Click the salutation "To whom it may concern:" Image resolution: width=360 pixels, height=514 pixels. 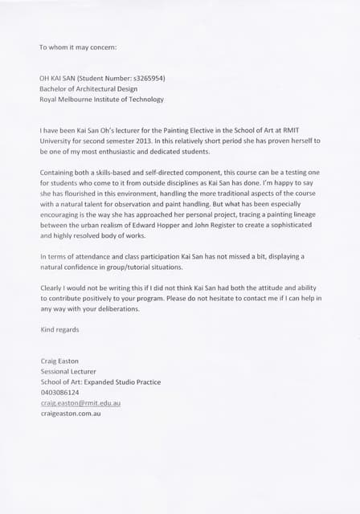[78, 47]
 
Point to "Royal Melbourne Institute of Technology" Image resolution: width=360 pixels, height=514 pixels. [101, 100]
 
